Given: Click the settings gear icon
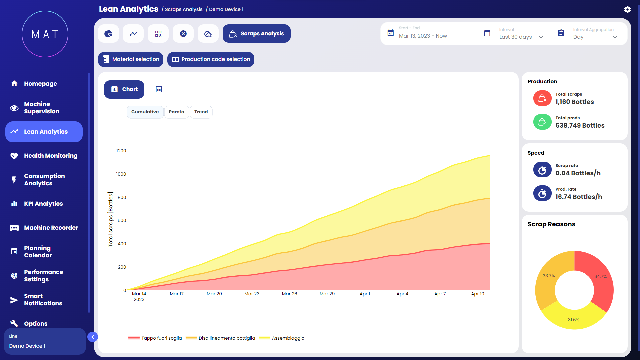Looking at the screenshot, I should click(627, 9).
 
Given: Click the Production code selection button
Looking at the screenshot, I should click(211, 59).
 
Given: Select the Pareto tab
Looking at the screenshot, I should click(176, 112).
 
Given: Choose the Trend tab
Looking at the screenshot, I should click(201, 112).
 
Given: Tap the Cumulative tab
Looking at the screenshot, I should click(145, 112).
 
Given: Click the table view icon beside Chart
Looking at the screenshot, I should click(159, 89).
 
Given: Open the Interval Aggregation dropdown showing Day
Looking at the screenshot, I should click(595, 37).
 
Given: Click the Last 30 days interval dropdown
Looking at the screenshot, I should click(521, 37).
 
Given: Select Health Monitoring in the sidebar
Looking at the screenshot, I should click(50, 156).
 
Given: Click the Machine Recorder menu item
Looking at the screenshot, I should click(51, 228).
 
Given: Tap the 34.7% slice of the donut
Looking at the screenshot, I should click(600, 277).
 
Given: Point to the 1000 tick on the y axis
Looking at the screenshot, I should click(121, 174).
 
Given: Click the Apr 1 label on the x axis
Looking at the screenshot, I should click(365, 294).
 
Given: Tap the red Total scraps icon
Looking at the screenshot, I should click(542, 98).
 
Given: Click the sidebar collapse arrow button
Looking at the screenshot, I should click(93, 337).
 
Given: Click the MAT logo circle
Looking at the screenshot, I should click(45, 34).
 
